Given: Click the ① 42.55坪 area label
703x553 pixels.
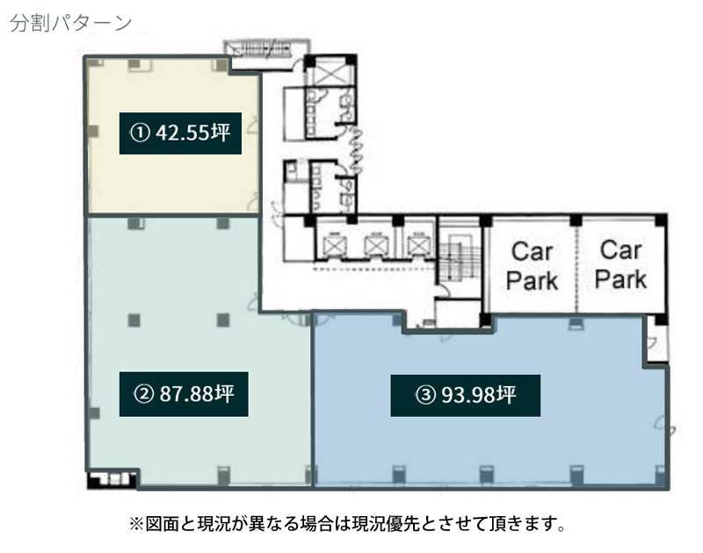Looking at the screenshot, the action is click(180, 133).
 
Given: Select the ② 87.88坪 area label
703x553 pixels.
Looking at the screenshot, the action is click(184, 394).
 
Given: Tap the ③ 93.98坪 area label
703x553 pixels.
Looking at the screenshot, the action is click(466, 395).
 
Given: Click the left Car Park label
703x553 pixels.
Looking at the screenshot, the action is click(532, 267).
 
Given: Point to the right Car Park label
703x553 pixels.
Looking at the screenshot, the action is click(620, 264).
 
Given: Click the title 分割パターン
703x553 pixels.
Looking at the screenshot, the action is click(70, 23).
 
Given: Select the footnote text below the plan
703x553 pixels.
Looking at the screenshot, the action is click(348, 523).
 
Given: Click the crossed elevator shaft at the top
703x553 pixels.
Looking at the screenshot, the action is click(330, 71).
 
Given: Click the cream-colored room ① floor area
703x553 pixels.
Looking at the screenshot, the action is click(173, 179).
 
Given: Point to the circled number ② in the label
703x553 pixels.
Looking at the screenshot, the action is click(144, 394).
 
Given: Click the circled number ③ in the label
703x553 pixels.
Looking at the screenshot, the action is click(426, 395).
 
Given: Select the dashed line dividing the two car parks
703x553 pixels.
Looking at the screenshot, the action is click(576, 266).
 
